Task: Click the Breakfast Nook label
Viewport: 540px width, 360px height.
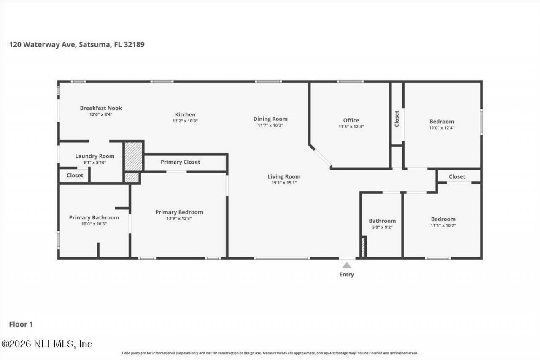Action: point(101,108)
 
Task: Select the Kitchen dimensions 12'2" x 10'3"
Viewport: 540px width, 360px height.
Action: point(185,121)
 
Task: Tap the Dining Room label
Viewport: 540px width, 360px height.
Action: point(270,119)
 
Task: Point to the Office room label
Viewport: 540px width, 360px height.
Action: point(351,120)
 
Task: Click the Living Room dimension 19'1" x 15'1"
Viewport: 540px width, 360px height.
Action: point(284,183)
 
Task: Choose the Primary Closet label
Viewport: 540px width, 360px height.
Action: point(180,162)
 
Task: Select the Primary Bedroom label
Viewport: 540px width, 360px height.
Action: point(179,212)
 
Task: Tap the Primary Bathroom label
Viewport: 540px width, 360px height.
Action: point(94,218)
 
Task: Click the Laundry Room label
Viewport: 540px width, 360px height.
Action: point(94,156)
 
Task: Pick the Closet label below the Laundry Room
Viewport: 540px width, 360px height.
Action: point(75,176)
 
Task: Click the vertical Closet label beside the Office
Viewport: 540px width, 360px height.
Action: point(397,119)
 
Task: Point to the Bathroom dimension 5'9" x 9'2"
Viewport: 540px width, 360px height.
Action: point(382,227)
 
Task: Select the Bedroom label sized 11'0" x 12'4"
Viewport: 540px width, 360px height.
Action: point(442,122)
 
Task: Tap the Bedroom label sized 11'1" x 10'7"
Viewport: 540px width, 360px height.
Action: point(443,219)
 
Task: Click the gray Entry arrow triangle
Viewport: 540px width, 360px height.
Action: point(347,265)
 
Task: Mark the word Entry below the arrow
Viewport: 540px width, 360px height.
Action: point(347,275)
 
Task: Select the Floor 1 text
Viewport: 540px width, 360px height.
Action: point(21,325)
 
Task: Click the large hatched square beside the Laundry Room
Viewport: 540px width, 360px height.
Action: point(133,156)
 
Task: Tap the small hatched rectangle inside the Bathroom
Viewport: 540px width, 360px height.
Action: point(364,247)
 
